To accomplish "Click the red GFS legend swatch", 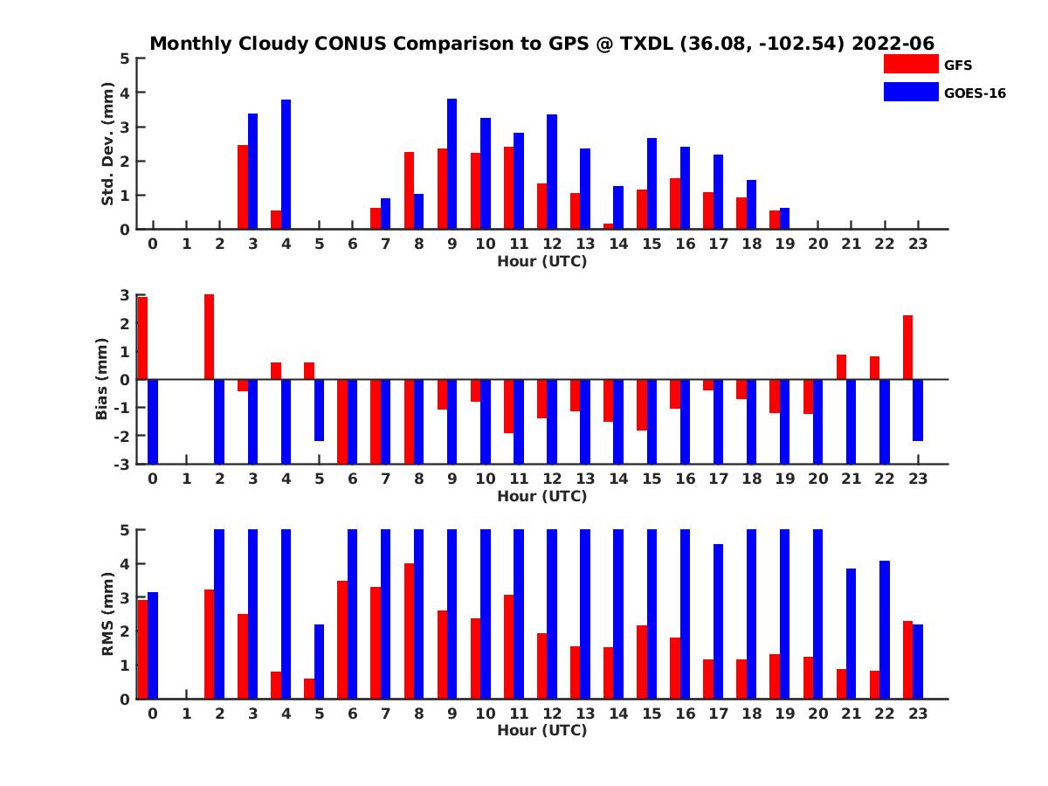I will pyautogui.click(x=910, y=65).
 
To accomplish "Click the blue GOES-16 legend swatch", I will pyautogui.click(x=910, y=92).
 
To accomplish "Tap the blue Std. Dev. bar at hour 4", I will pyautogui.click(x=286, y=164).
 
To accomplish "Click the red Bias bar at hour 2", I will pyautogui.click(x=210, y=337).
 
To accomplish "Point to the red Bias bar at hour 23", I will pyautogui.click(x=907, y=348).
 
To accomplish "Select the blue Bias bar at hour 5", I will pyautogui.click(x=319, y=410).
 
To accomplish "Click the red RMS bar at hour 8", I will pyautogui.click(x=409, y=631).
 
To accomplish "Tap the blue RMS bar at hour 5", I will pyautogui.click(x=319, y=661).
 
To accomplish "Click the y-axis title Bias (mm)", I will pyautogui.click(x=102, y=380).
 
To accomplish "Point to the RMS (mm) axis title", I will pyautogui.click(x=107, y=614).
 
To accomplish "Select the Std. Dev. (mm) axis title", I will pyautogui.click(x=107, y=144).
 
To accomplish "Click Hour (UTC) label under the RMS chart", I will pyautogui.click(x=541, y=730).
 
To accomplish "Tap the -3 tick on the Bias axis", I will pyautogui.click(x=124, y=464).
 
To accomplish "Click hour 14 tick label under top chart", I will pyautogui.click(x=618, y=244).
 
